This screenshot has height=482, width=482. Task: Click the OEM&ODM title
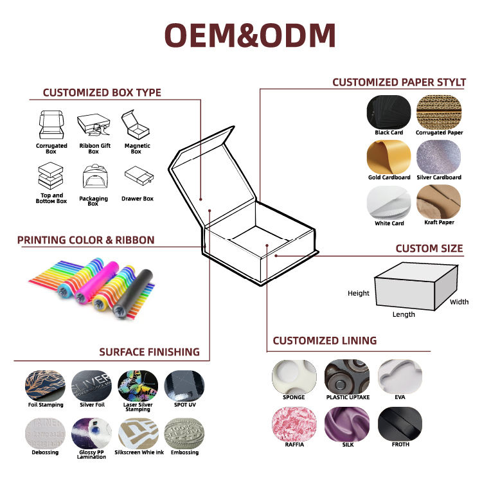pyautogui.click(x=250, y=35)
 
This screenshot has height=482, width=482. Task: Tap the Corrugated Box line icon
pyautogui.click(x=51, y=125)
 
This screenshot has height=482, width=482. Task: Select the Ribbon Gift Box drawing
pyautogui.click(x=94, y=124)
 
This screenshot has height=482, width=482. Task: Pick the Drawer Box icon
pyautogui.click(x=139, y=175)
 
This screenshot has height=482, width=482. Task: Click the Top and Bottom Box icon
pyautogui.click(x=51, y=175)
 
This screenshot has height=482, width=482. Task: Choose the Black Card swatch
pyautogui.click(x=389, y=112)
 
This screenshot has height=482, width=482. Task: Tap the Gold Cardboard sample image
pyautogui.click(x=389, y=157)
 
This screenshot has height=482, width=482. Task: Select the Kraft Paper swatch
pyautogui.click(x=439, y=202)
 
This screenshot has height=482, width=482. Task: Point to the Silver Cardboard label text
pyautogui.click(x=439, y=177)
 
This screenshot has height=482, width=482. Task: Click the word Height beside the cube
pyautogui.click(x=359, y=293)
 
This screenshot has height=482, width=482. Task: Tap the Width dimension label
pyautogui.click(x=460, y=302)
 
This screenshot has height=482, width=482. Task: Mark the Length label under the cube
pyautogui.click(x=404, y=314)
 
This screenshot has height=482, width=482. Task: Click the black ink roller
pyautogui.click(x=133, y=293)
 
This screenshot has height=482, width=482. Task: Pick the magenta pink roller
pyautogui.click(x=97, y=282)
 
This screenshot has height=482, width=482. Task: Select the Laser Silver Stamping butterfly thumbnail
pyautogui.click(x=138, y=386)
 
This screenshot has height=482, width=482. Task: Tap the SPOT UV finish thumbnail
pyautogui.click(x=184, y=386)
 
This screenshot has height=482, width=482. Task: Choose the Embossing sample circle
pyautogui.click(x=184, y=433)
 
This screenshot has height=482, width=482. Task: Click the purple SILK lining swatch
pyautogui.click(x=347, y=424)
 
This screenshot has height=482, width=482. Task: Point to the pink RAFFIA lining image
pyautogui.click(x=294, y=424)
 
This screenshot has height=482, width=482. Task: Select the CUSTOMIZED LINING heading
pyautogui.click(x=325, y=341)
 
